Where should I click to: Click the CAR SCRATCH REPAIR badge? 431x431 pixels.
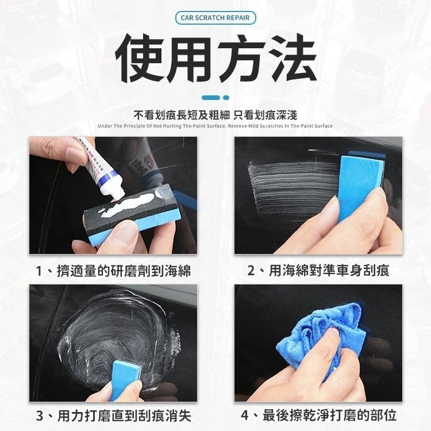tap(215, 18)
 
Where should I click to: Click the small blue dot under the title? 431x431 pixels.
tap(226, 98)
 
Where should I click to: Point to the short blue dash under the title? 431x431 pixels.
tap(210, 98)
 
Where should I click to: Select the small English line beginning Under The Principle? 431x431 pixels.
tap(215, 125)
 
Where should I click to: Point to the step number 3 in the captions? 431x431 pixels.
tap(39, 415)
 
